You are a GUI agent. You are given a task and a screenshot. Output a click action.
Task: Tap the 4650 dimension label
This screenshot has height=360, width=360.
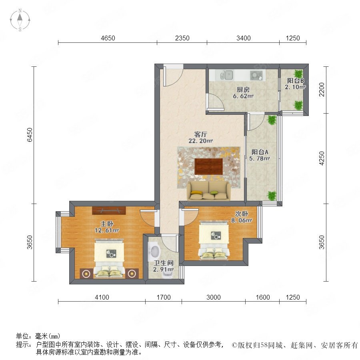108,38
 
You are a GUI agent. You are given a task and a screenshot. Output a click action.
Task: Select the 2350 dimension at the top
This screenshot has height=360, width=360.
182,38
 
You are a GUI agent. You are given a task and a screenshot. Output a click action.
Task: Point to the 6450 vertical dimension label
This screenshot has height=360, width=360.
30,135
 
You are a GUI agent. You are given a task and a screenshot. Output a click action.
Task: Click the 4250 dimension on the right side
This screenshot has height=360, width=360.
322,158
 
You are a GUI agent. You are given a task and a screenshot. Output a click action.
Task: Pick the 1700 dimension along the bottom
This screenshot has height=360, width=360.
164,297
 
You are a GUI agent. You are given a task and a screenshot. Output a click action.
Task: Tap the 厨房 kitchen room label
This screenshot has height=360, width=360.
243,90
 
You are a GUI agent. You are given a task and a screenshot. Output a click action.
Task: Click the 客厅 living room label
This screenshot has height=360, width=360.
200,134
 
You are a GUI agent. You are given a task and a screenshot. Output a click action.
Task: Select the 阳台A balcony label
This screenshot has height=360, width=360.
260,152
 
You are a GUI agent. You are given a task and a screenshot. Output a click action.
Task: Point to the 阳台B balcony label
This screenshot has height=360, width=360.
296,81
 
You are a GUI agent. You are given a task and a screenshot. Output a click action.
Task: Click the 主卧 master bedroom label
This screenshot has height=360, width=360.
107,224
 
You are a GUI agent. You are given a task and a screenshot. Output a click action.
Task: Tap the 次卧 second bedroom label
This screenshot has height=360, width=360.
241,214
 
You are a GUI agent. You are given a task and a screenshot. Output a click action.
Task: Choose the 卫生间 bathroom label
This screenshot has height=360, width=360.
164,263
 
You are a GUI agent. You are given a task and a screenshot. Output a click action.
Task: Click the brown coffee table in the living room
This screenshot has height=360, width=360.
208,166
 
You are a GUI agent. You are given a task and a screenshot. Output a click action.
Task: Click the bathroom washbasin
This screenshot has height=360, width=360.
155,252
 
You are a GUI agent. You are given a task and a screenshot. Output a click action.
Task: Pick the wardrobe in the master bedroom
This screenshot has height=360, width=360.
109,211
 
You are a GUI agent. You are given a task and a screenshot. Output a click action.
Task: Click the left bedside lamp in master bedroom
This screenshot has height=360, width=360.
86,274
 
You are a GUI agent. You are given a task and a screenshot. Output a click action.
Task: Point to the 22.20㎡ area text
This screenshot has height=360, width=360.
200,141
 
